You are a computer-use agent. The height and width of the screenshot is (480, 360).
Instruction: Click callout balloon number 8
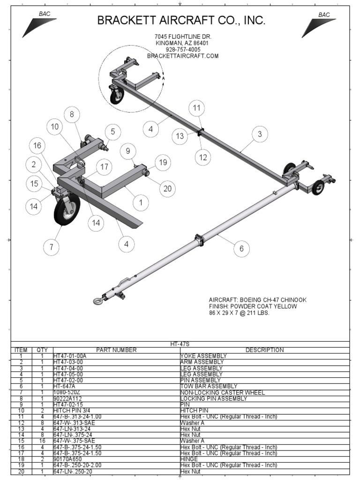click(72, 114)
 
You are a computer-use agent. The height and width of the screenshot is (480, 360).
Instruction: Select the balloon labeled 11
click(197, 108)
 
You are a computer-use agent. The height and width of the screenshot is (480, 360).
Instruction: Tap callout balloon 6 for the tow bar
click(241, 248)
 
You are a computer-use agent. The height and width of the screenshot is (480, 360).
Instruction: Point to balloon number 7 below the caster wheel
click(51, 247)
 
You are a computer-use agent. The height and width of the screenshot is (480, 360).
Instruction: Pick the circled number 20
click(167, 189)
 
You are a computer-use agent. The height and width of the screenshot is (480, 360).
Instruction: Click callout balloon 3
click(259, 135)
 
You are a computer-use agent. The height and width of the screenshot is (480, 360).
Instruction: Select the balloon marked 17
click(104, 167)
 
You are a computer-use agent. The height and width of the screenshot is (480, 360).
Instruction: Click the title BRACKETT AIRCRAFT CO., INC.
click(181, 21)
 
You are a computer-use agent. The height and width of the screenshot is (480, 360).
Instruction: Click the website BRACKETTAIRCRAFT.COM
click(183, 56)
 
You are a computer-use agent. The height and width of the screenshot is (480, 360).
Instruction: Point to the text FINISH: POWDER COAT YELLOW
click(253, 306)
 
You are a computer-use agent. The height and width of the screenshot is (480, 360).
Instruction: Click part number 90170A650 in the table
click(67, 459)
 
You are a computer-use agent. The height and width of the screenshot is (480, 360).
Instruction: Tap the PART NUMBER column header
click(116, 350)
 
